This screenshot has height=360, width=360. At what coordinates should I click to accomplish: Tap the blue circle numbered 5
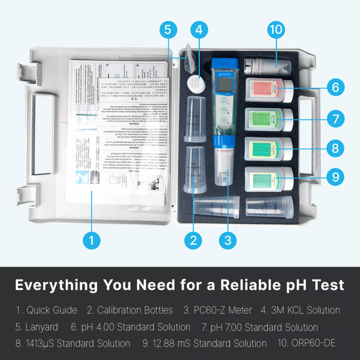pos(168,30)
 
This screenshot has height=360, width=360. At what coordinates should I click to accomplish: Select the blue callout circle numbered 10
pos(276,30)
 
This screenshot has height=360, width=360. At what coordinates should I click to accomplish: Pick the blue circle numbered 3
pos(228,239)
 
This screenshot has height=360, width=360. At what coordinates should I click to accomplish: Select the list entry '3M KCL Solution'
pos(301,310)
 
